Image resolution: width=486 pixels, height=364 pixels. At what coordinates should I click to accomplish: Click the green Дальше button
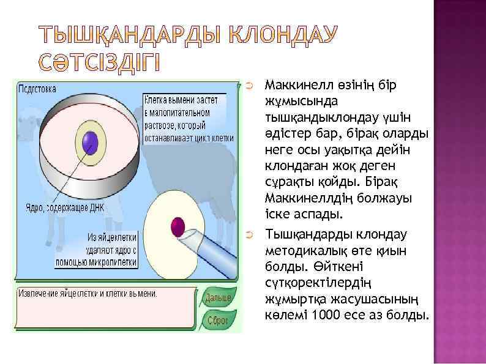coord(218,298)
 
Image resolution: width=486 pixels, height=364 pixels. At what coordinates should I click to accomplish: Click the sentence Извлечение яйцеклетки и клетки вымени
coord(88,293)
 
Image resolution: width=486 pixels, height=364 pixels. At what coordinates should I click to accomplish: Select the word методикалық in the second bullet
coord(301,251)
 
